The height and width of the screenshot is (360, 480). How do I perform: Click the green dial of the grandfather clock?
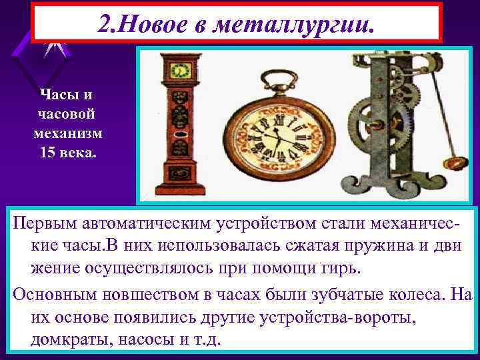point(178,69)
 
